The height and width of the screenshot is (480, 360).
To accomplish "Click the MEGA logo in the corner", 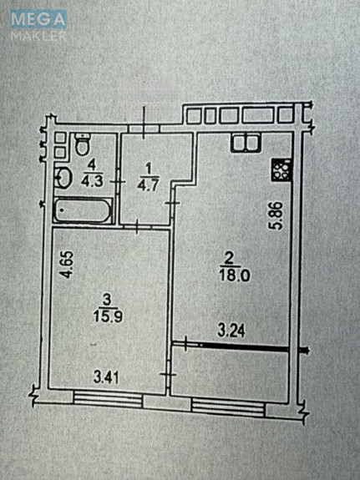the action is pyautogui.click(x=38, y=18).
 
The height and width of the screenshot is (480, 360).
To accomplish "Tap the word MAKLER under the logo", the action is pyautogui.click(x=38, y=36).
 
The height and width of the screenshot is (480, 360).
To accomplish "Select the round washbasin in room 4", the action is pyautogui.click(x=63, y=177).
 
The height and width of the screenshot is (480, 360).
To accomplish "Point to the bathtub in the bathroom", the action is pyautogui.click(x=83, y=210).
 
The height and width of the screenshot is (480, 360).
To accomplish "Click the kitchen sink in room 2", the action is pyautogui.click(x=246, y=143).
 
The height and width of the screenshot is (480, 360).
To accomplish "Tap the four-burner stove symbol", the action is pyautogui.click(x=281, y=170).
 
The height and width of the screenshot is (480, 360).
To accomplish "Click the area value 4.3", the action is pyautogui.click(x=91, y=181).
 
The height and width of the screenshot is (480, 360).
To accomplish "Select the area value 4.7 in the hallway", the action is pyautogui.click(x=149, y=185).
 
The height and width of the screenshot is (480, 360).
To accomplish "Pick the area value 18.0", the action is pyautogui.click(x=235, y=275).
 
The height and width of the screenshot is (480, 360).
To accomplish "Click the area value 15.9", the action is pyautogui.click(x=108, y=316).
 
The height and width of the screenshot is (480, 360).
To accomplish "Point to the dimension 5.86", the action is pyautogui.click(x=279, y=215).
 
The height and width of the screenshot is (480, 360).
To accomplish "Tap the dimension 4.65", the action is pyautogui.click(x=67, y=265).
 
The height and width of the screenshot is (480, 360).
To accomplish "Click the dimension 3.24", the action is pyautogui.click(x=231, y=331).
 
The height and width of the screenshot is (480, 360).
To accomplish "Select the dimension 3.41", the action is pyautogui.click(x=106, y=378).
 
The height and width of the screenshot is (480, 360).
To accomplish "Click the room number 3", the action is pyautogui.click(x=107, y=300).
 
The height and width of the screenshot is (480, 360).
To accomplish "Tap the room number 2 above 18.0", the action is pyautogui.click(x=228, y=260).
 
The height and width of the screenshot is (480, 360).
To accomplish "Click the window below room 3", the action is pyautogui.click(x=108, y=400).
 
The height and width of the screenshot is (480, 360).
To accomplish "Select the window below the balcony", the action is pyautogui.click(x=228, y=407).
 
